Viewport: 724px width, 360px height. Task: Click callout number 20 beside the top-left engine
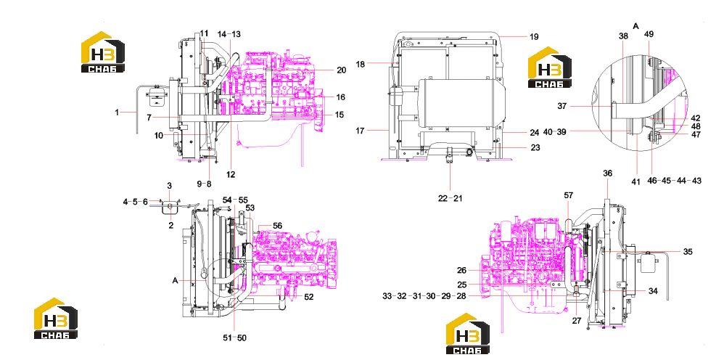tap(341, 70)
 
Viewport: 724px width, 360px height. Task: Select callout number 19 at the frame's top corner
tap(534, 37)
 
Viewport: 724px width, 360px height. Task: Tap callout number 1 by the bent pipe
tap(118, 112)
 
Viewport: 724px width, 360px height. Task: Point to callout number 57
tap(569, 195)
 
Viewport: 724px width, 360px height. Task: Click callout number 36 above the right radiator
tap(608, 173)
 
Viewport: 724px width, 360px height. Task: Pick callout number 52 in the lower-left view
tap(308, 297)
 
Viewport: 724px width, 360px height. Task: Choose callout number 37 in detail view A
tap(562, 106)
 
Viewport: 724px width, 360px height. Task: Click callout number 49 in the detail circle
tap(649, 34)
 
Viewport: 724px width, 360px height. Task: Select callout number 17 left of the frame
tap(360, 131)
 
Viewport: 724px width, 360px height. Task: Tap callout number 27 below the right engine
tap(577, 321)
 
